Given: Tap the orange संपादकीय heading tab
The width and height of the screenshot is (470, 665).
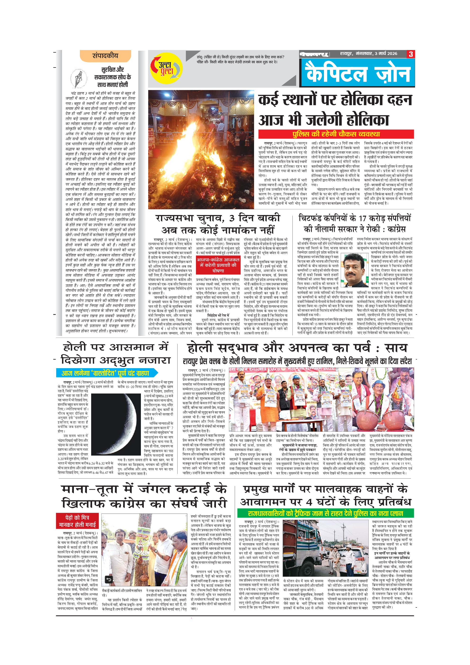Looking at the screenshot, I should [x=105, y=56].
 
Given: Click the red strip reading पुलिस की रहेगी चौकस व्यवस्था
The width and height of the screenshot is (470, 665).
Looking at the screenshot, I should [x=336, y=134].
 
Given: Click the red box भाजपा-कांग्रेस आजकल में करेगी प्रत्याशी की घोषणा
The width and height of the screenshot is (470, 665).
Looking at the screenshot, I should [x=218, y=265].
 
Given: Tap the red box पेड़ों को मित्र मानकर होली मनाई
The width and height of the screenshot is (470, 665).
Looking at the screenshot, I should [x=77, y=521].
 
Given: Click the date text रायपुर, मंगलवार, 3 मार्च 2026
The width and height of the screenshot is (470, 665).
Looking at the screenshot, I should [x=368, y=54].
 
